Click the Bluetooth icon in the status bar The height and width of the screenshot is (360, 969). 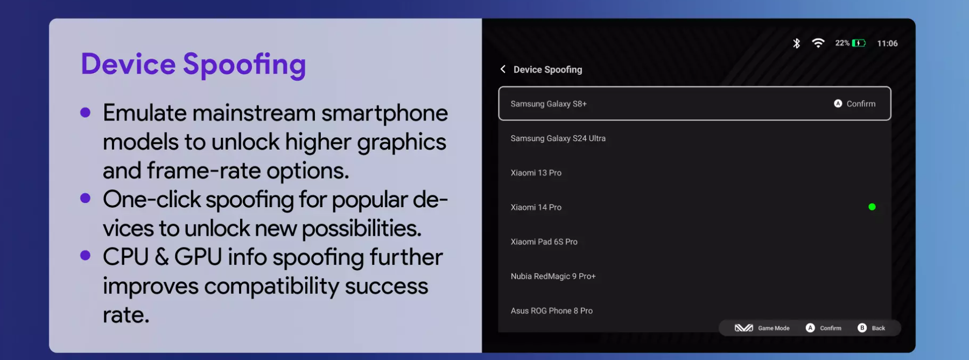[796, 43]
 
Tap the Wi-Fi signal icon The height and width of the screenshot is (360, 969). [818, 43]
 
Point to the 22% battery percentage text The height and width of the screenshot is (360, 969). [842, 43]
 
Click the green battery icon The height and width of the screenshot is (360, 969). [859, 43]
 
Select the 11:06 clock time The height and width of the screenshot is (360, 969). [887, 44]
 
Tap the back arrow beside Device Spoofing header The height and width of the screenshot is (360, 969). [503, 69]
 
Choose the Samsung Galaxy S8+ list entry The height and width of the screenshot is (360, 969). [549, 104]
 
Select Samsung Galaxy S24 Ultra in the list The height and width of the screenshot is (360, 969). [558, 138]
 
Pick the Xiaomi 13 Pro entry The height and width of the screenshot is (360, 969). [536, 173]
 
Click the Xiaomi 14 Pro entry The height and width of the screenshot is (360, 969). [536, 207]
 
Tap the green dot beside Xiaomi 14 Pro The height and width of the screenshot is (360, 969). [872, 207]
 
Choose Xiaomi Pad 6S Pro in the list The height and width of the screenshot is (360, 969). [544, 242]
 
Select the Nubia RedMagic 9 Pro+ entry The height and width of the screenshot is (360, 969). [553, 276]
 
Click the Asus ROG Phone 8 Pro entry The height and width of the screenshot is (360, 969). [551, 310]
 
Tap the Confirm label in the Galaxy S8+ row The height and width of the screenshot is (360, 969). [861, 104]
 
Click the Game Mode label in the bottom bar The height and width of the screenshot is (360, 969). [774, 328]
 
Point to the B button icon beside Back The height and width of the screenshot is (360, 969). [862, 328]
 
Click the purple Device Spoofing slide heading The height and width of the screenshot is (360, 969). [193, 65]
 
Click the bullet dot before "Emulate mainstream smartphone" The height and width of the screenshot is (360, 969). [85, 112]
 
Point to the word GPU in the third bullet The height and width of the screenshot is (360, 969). [198, 257]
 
